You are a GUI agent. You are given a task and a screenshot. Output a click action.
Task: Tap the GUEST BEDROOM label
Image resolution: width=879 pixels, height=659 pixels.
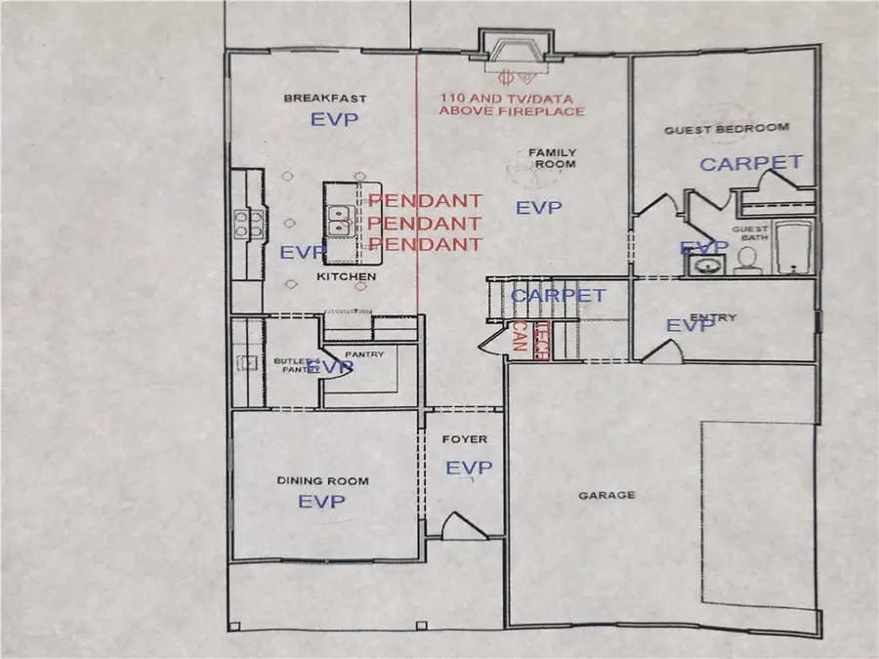pyautogui.click(x=726, y=129)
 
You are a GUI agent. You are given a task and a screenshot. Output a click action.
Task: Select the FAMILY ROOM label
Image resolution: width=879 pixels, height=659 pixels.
pyautogui.click(x=552, y=158)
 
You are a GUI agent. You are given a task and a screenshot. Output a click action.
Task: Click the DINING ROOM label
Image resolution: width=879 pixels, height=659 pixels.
pyautogui.click(x=322, y=480)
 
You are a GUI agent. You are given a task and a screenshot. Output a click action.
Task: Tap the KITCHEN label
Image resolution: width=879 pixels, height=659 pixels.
pyautogui.click(x=346, y=278)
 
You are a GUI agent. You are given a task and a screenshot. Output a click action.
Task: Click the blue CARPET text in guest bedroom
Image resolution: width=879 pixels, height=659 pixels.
pyautogui.click(x=751, y=163)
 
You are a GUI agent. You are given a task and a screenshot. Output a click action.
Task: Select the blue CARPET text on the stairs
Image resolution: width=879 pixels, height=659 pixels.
pyautogui.click(x=558, y=295)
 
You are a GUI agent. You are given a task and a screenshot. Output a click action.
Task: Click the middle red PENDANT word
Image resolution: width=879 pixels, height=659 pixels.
pyautogui.click(x=424, y=223)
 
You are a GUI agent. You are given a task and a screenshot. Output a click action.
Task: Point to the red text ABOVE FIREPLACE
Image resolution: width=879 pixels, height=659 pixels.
pyautogui.click(x=511, y=111)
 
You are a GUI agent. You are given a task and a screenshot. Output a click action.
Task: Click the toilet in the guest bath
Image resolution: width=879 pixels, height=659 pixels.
pyautogui.click(x=748, y=259)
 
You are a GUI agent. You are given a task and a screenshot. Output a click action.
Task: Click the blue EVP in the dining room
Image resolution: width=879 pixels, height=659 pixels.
pyautogui.click(x=322, y=502)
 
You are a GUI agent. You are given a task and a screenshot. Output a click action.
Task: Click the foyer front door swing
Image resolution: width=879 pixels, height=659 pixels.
pyautogui.click(x=460, y=528)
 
